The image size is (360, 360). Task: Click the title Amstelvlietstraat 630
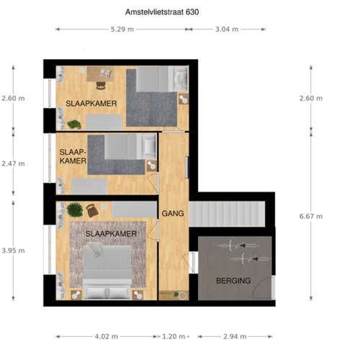(162, 12)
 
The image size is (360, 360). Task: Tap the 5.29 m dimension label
(122, 30)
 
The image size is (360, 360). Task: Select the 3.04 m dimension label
(227, 30)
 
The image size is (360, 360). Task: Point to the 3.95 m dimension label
(13, 251)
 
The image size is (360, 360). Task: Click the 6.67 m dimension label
(311, 217)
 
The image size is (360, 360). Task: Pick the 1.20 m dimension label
(174, 336)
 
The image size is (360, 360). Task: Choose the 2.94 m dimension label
(235, 336)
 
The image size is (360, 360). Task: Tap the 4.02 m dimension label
(106, 336)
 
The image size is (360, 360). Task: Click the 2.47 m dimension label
(13, 163)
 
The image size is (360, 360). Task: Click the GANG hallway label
(173, 213)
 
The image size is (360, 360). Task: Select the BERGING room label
(233, 281)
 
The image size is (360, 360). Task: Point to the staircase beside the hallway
(227, 214)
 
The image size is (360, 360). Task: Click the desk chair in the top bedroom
(101, 86)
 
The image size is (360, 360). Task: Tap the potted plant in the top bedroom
(74, 125)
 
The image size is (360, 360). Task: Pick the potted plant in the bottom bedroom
(75, 210)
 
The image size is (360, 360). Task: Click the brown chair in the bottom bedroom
(92, 210)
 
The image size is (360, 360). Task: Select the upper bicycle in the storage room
(236, 246)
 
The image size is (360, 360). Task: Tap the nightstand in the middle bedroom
(151, 166)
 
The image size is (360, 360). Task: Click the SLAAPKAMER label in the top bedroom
(91, 104)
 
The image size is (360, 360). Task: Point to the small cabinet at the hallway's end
(174, 295)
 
